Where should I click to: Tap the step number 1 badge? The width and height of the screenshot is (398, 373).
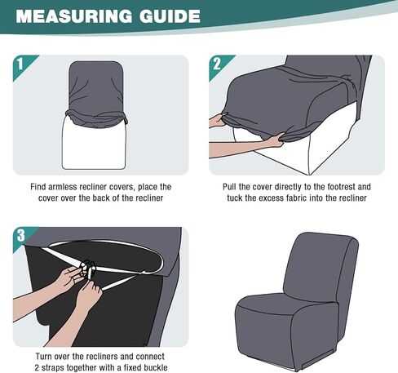point(21,64)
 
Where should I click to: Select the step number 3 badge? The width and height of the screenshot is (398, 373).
point(21,237)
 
